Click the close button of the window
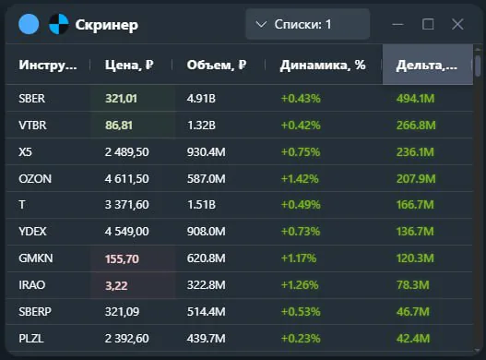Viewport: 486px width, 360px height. [x=457, y=24]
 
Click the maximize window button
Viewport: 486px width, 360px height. [x=428, y=24]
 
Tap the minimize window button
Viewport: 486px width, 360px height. [x=398, y=24]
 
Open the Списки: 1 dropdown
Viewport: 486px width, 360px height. [x=307, y=24]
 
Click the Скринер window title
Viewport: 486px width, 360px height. [x=107, y=25]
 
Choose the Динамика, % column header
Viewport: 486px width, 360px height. [x=323, y=66]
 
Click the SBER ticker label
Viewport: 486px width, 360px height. [x=31, y=98]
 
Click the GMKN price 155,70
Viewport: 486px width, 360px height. [x=122, y=259]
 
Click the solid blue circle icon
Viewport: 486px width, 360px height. [x=29, y=24]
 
